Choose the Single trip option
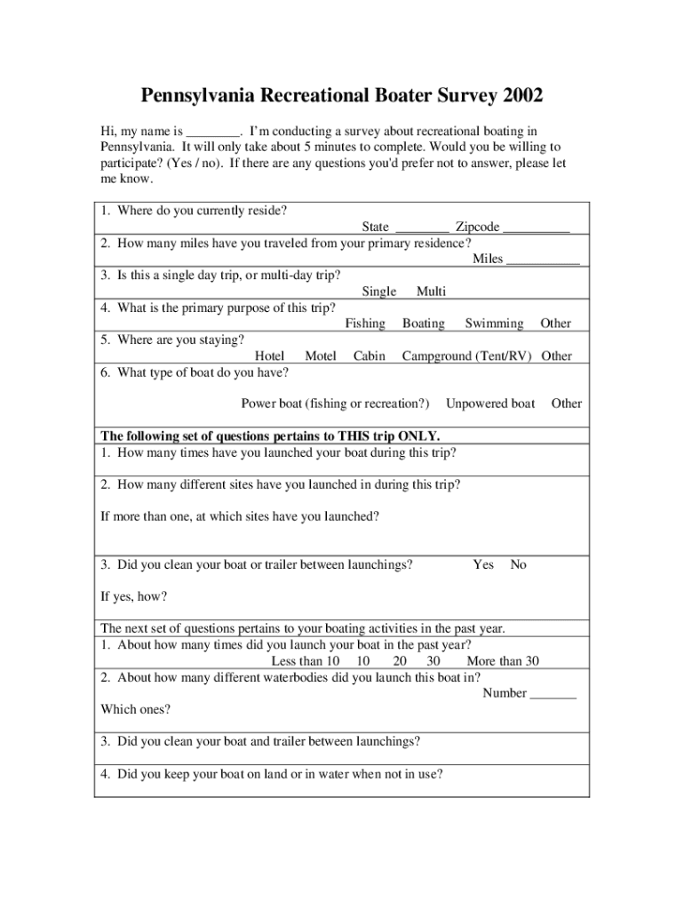point(379,291)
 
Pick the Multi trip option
point(431,291)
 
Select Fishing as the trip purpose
point(365,323)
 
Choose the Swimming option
point(494,323)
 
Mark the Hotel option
point(269,356)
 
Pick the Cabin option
point(369,356)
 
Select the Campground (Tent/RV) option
point(466,356)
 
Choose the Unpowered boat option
point(490,403)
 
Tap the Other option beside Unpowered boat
point(566,403)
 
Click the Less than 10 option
point(306,661)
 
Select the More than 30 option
point(503,661)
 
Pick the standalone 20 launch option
point(400,661)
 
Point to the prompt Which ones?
point(135,709)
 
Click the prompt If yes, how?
point(134,596)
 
